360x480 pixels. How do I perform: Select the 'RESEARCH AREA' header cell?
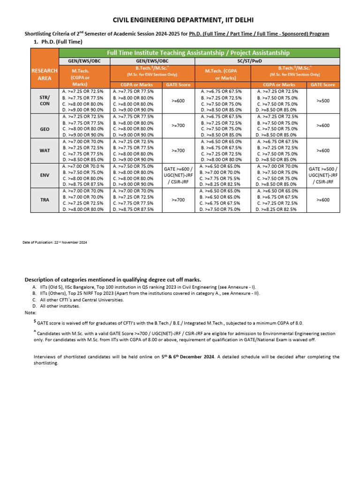pyautogui.click(x=45, y=74)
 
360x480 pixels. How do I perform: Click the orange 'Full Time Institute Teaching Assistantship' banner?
pyautogui.click(x=198, y=52)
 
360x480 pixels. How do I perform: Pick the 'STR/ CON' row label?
pyautogui.click(x=45, y=100)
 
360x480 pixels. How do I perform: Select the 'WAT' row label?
pyautogui.click(x=45, y=150)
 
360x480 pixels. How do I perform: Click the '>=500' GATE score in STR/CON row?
pyautogui.click(x=323, y=100)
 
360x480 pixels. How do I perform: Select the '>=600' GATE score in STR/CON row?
pyautogui.click(x=178, y=100)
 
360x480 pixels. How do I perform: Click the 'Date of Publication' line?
pyautogui.click(x=55, y=242)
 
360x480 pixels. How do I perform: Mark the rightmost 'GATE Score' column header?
pyautogui.click(x=323, y=84)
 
